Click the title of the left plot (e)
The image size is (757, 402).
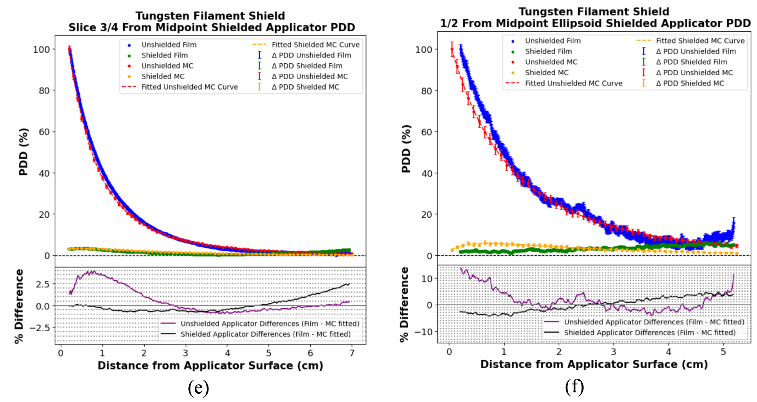(211, 22)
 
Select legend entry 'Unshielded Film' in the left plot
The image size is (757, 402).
(169, 45)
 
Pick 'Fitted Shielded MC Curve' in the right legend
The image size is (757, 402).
(700, 41)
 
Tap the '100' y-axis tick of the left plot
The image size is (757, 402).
(42, 50)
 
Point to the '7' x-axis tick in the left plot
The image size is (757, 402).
(352, 353)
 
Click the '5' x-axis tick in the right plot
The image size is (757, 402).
(723, 352)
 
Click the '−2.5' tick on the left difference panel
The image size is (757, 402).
(40, 328)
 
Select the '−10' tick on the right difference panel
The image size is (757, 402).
(424, 332)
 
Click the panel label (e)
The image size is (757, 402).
(198, 388)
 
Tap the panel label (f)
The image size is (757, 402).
(574, 387)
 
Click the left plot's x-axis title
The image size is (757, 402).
(210, 366)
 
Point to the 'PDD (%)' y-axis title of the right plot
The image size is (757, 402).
(406, 149)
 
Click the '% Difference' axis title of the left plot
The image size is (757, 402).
(19, 306)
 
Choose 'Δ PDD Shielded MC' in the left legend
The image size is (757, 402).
(305, 87)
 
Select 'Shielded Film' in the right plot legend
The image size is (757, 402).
(548, 51)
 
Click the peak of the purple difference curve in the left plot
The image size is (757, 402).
(93, 272)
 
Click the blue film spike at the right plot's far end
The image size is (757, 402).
(734, 220)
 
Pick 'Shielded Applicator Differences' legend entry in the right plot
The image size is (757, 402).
(649, 333)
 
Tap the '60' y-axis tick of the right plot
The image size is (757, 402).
(427, 132)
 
